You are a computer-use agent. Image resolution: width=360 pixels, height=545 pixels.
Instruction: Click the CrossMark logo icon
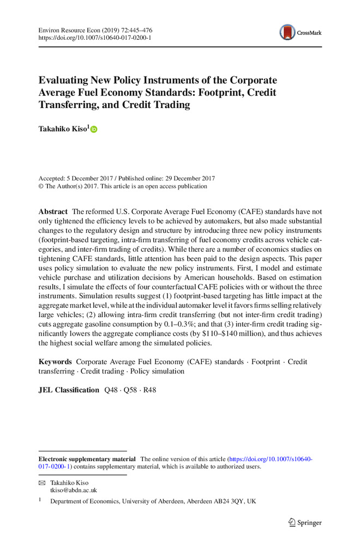coord(287,32)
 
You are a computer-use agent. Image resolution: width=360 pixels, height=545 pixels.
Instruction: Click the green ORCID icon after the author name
coord(93,129)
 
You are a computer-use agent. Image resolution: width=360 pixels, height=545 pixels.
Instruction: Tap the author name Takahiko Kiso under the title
coord(62,129)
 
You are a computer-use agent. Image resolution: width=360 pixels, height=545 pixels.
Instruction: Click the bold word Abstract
coord(53,211)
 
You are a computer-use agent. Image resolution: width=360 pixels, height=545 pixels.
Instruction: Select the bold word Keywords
coord(55,362)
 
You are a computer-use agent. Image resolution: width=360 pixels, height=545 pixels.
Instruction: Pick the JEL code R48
coord(149,390)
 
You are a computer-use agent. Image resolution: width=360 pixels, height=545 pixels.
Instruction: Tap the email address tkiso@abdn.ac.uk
coord(74,489)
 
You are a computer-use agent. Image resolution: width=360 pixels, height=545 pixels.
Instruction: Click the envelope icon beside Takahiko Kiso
coord(41,483)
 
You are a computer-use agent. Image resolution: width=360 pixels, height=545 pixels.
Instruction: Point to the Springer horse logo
coord(292,522)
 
